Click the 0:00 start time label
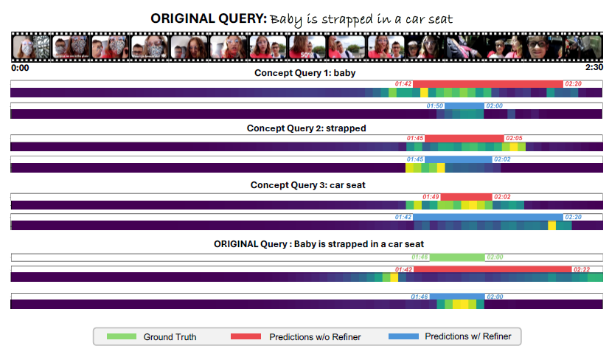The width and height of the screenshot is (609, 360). pos(20,67)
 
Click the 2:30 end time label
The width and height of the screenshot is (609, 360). pos(594,67)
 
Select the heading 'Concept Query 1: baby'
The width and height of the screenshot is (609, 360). pos(305,74)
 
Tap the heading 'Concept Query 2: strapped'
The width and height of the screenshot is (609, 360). pos(306,128)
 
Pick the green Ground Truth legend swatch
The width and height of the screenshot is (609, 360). pos(122,337)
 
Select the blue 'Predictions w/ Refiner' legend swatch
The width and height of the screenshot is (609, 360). pos(403,337)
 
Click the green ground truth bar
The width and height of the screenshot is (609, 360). pos(457,257)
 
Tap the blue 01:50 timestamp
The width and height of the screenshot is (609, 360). pos(435,106)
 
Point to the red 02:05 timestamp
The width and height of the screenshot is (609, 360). pos(514,139)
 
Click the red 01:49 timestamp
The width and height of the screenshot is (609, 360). pos(431,197)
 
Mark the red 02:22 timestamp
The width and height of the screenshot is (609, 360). pos(582,269)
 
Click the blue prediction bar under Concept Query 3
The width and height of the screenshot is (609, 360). pos(487,217)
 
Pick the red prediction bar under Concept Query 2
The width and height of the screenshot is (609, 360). pos(464,139)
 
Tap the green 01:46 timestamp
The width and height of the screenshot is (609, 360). pos(420,257)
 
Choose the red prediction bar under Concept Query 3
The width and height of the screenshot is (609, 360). pos(466,197)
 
